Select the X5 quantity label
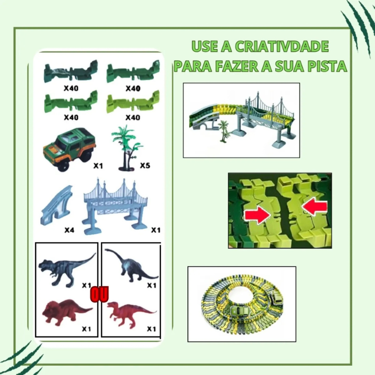point(145,166)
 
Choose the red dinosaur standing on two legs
point(129,312)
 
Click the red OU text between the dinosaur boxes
point(100,295)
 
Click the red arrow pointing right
point(256,214)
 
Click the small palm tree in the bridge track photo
point(223,130)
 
